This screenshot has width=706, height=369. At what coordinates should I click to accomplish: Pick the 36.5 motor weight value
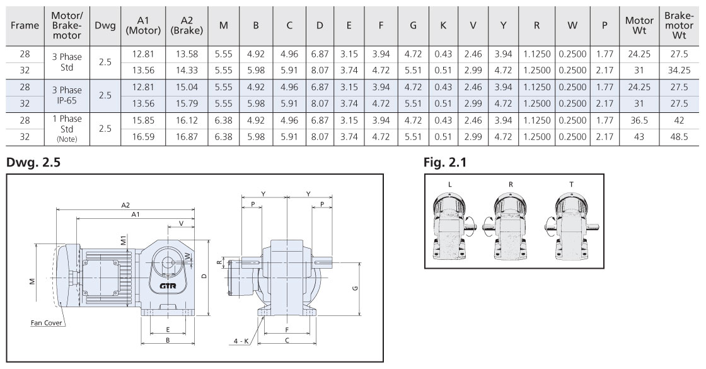pyautogui.click(x=639, y=120)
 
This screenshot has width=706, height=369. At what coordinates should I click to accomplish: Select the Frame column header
pyautogui.click(x=25, y=26)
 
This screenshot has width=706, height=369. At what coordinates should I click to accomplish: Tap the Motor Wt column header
pyautogui.click(x=639, y=26)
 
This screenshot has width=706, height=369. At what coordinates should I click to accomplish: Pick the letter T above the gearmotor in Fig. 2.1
pyautogui.click(x=571, y=184)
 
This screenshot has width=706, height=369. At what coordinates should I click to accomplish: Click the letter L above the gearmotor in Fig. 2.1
pyautogui.click(x=449, y=184)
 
